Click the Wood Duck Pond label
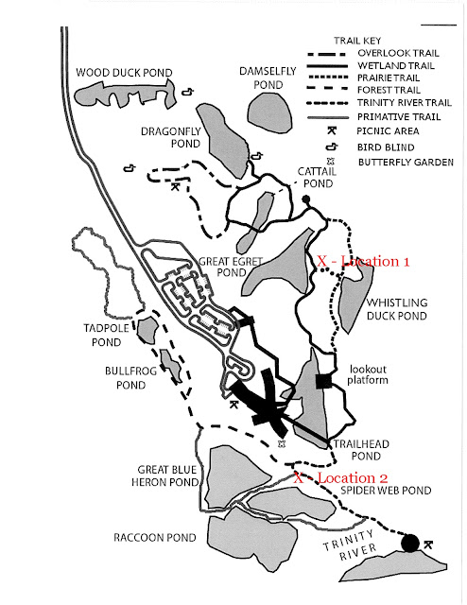click(124, 73)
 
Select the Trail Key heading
click(357, 41)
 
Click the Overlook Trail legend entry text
click(398, 53)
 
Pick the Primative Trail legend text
click(399, 116)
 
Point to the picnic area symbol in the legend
click(332, 130)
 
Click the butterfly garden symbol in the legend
click(331, 162)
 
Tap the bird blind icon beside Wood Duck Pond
click(188, 92)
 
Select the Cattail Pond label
click(318, 177)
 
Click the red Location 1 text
click(363, 261)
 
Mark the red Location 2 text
click(340, 478)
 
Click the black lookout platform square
click(323, 381)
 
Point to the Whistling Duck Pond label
click(397, 309)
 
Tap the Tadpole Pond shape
click(147, 331)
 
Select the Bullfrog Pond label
click(130, 378)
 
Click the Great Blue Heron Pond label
click(165, 475)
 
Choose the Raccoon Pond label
click(155, 538)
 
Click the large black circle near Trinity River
click(410, 543)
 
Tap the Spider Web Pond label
click(386, 491)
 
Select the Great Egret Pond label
click(231, 267)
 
